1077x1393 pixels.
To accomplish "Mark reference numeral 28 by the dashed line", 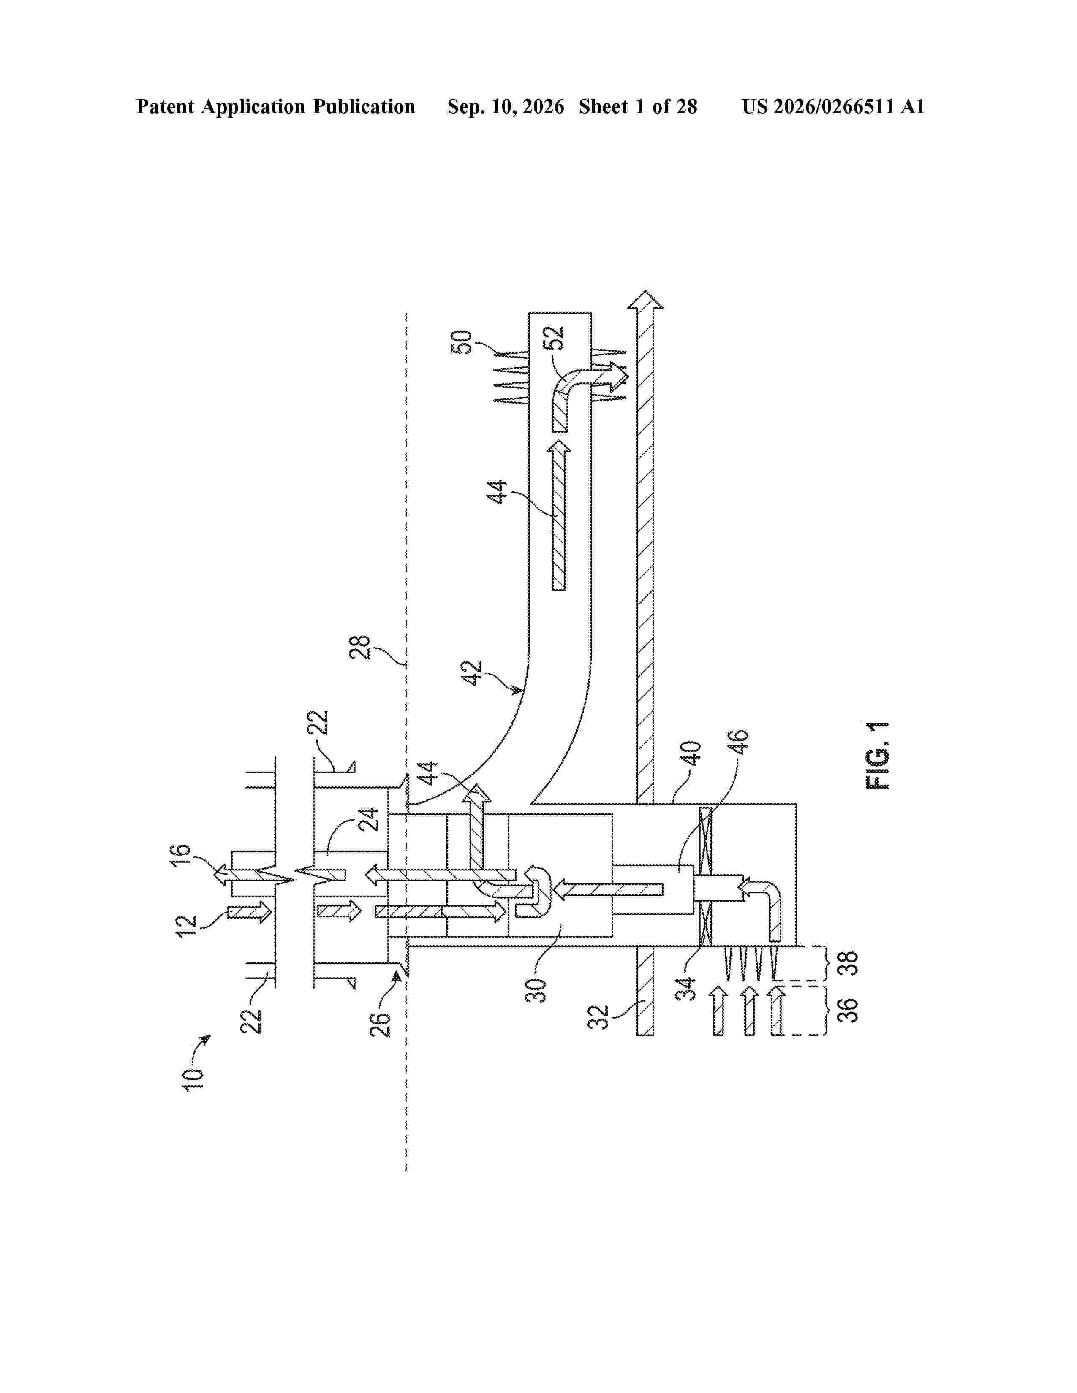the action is click(x=361, y=648).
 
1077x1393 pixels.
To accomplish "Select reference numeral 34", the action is click(x=685, y=989).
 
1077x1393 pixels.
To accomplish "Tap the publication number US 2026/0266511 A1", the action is click(x=833, y=106).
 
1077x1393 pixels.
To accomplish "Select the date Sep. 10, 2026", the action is click(x=506, y=106).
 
